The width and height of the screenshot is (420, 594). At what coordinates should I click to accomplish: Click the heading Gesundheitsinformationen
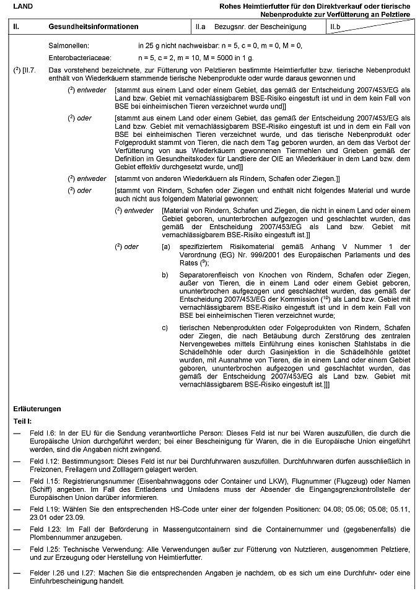[93, 27]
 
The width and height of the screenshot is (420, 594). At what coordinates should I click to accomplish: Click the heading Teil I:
[23, 421]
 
